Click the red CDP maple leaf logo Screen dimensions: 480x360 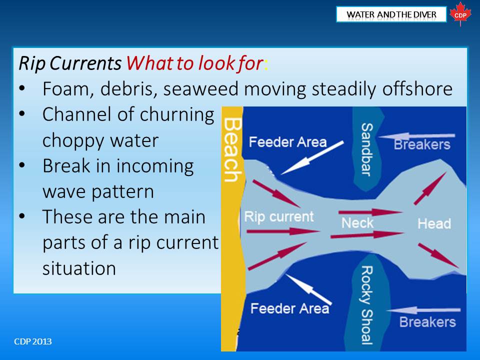pyautogui.click(x=460, y=14)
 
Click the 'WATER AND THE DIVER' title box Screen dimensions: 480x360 pyautogui.click(x=391, y=14)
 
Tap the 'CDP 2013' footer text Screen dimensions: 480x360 pyautogui.click(x=33, y=341)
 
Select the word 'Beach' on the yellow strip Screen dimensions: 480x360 pyautogui.click(x=232, y=150)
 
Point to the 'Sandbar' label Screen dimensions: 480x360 pyautogui.click(x=367, y=149)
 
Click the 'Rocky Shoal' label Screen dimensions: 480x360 pyautogui.click(x=366, y=305)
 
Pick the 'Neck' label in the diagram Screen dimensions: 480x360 pyautogui.click(x=357, y=223)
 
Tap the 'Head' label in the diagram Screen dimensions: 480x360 pyautogui.click(x=434, y=224)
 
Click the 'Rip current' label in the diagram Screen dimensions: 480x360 pyautogui.click(x=279, y=217)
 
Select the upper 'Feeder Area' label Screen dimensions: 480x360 pyautogui.click(x=288, y=142)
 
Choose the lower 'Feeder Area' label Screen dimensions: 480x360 pyautogui.click(x=289, y=308)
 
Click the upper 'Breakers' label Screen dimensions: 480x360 pyautogui.click(x=422, y=144)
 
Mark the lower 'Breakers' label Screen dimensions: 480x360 pyautogui.click(x=427, y=322)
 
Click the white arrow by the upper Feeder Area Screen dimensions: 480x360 pyautogui.click(x=312, y=158)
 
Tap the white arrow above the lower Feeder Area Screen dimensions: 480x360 pyautogui.click(x=308, y=289)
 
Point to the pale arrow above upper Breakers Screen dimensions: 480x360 pyautogui.click(x=416, y=136)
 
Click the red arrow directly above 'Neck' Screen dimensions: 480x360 pyautogui.click(x=370, y=212)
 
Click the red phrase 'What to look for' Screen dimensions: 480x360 pyautogui.click(x=194, y=63)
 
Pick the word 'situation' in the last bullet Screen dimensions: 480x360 pyautogui.click(x=79, y=268)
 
